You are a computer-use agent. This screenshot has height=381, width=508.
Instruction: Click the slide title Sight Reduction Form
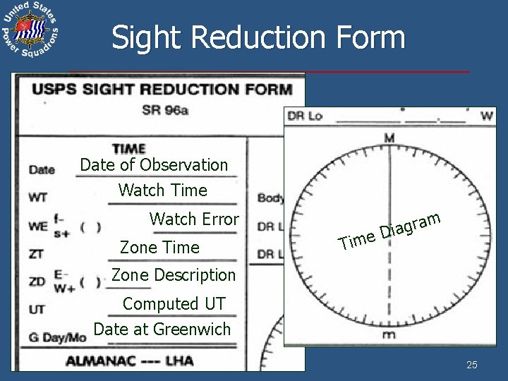tap(258, 37)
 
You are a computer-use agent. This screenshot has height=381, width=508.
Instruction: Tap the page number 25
tap(472, 365)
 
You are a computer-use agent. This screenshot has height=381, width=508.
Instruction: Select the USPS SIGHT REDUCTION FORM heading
tap(161, 90)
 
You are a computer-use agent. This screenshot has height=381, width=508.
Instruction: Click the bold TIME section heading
tap(128, 149)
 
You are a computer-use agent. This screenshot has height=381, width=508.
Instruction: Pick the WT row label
tap(37, 198)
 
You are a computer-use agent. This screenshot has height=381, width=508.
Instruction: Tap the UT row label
tap(36, 309)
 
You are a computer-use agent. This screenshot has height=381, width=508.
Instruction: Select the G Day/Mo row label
tap(57, 337)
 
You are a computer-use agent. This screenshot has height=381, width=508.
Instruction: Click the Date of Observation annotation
tap(154, 165)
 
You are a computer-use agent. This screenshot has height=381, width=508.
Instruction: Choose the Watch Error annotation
tap(194, 219)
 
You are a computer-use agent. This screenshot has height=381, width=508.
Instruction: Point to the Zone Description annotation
tap(174, 274)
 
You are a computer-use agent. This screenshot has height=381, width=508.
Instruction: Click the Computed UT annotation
tap(174, 303)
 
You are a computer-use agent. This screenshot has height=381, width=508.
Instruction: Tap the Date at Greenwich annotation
tap(162, 328)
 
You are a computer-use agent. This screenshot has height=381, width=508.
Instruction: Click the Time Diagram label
tap(390, 230)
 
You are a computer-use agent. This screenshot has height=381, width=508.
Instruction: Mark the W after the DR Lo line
tap(486, 116)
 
